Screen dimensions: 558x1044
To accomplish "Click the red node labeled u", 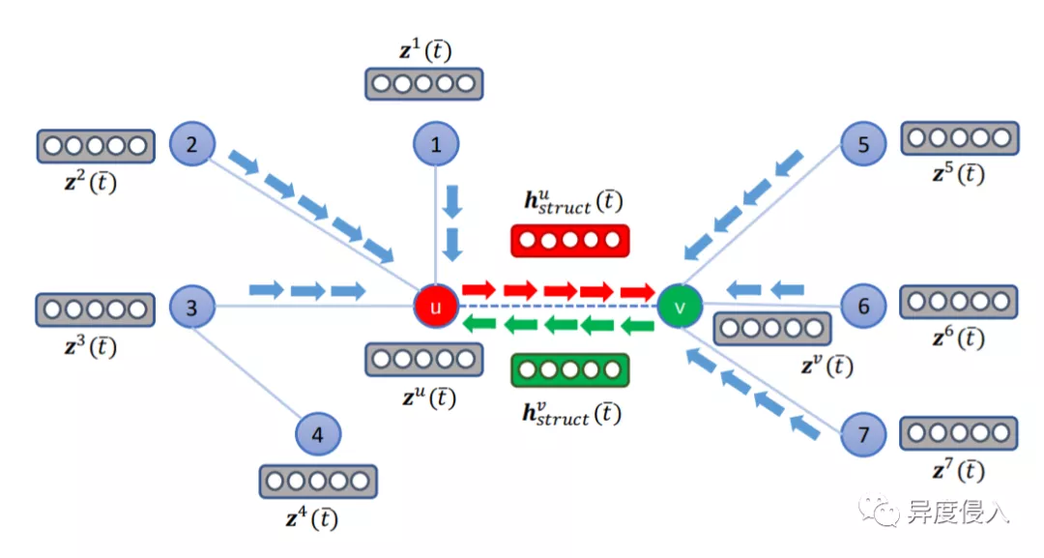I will [x=435, y=308].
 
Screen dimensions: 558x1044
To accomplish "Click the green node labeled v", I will [x=680, y=308].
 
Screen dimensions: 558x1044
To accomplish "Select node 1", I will [x=436, y=145].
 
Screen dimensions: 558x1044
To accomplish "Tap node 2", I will [x=192, y=145].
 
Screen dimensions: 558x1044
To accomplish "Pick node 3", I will [x=192, y=308].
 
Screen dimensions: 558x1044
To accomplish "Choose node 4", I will [x=320, y=435].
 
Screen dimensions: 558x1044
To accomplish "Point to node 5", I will [x=863, y=145].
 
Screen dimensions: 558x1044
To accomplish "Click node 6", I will [x=863, y=308].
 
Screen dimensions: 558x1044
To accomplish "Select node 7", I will [x=863, y=434].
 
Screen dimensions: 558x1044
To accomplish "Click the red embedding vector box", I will [x=569, y=241].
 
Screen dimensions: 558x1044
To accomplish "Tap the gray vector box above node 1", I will [x=423, y=84].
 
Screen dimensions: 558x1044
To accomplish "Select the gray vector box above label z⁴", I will [x=318, y=481].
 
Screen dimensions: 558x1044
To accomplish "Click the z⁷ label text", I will [x=958, y=471].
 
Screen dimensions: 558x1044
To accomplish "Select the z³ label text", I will [x=90, y=346].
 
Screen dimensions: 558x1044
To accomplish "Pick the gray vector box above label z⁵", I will [x=959, y=138].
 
